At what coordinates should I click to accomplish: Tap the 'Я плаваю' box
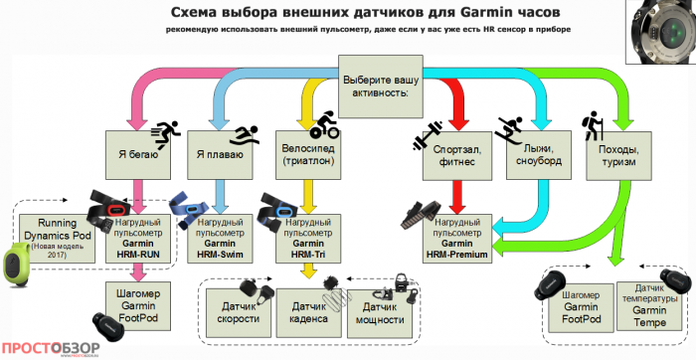(215, 154)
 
